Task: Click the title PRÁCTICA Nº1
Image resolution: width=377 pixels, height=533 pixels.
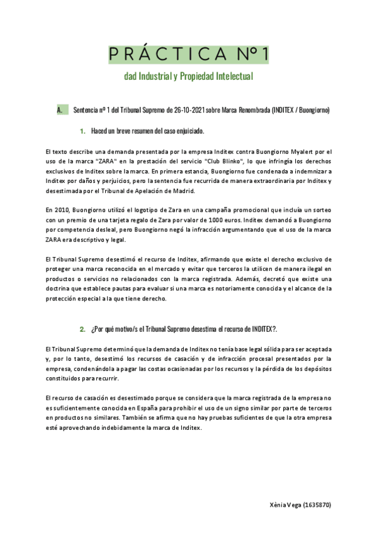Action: pyautogui.click(x=188, y=55)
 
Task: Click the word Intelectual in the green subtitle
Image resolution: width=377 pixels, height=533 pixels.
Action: pyautogui.click(x=231, y=77)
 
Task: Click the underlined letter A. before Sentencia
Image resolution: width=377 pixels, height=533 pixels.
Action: pyautogui.click(x=59, y=111)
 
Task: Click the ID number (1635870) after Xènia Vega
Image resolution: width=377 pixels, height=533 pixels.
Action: pyautogui.click(x=317, y=505)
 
